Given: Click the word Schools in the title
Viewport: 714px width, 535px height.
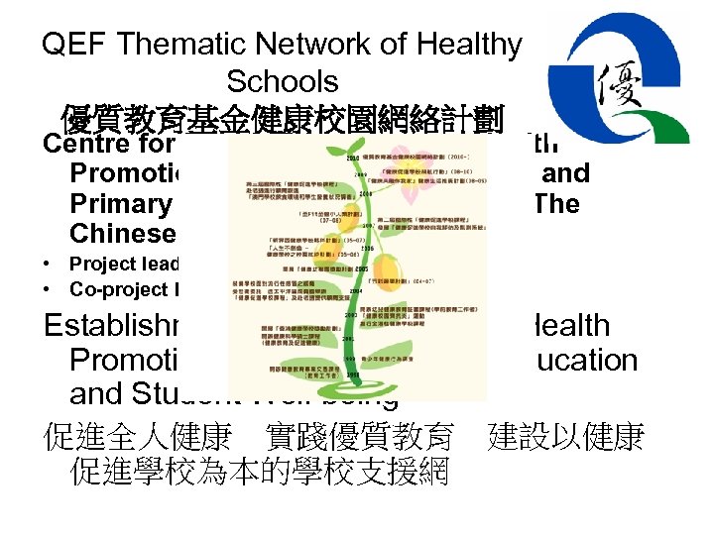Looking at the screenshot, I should click(x=282, y=81).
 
